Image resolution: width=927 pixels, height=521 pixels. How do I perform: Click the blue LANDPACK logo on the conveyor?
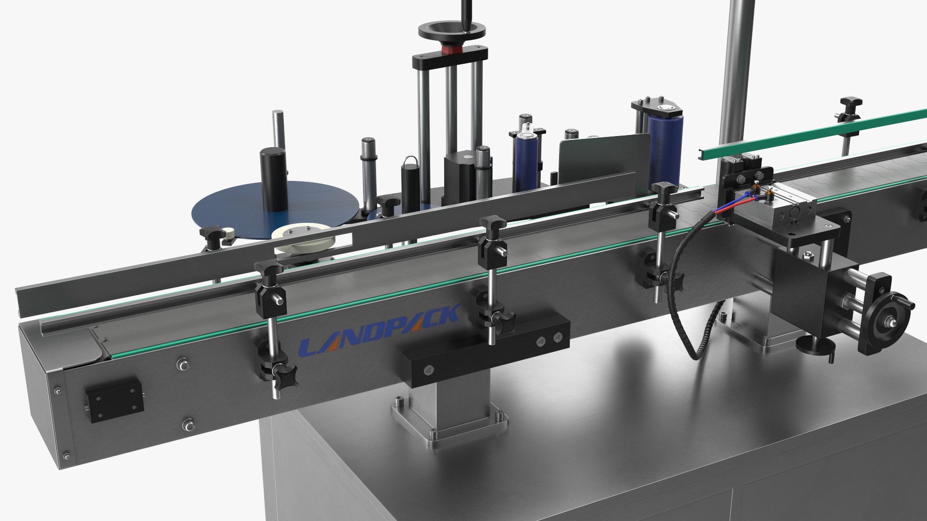coord(379,330)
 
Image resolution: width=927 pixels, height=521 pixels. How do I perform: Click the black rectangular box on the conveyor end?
coord(115,400)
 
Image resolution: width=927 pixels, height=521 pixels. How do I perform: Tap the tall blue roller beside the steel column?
coord(664,150)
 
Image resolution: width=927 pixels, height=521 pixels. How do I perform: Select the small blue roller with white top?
coord(526,162)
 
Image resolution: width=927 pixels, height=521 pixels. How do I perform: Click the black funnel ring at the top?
coord(451,31)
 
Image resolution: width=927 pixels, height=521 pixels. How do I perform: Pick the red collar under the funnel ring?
coord(451,50)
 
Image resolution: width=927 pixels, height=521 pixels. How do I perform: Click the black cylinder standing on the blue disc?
coord(274,178)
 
